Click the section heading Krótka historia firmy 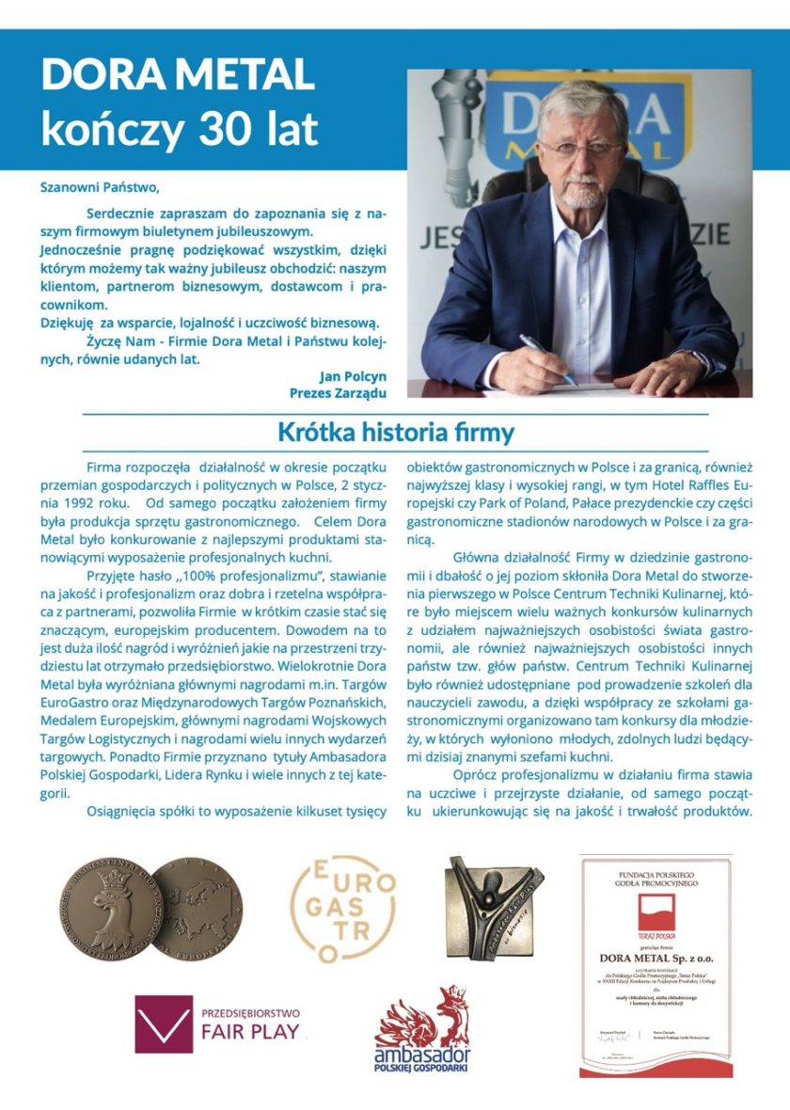(x=395, y=433)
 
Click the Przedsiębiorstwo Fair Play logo (x=219, y=1023)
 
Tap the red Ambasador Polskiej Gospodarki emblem (x=422, y=1029)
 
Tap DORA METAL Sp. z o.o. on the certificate (x=656, y=958)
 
